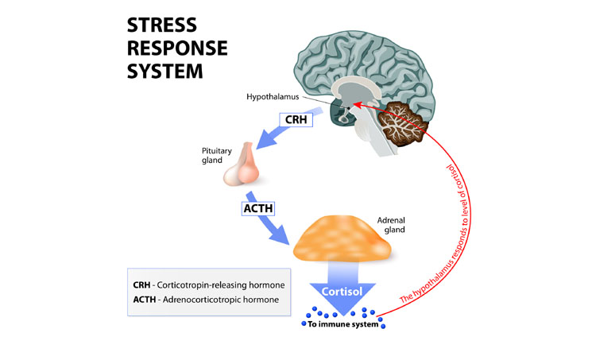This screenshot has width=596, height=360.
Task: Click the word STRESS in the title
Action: pyautogui.click(x=164, y=25)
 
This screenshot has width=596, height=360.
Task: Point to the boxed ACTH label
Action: pyautogui.click(x=255, y=209)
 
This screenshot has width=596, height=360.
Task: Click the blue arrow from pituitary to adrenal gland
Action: pyautogui.click(x=271, y=227)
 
